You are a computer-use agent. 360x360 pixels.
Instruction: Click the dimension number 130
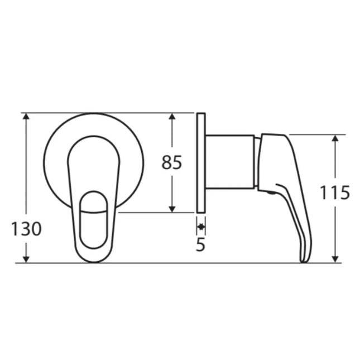pyautogui.click(x=26, y=229)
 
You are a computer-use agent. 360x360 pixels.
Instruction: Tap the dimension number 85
pyautogui.click(x=172, y=162)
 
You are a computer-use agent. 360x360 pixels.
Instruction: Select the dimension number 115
pyautogui.click(x=334, y=193)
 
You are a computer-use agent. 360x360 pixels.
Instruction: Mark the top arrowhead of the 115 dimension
pyautogui.click(x=335, y=138)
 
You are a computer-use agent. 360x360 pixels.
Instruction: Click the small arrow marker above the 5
pyautogui.click(x=201, y=227)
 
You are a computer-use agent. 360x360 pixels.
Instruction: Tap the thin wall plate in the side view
pyautogui.click(x=201, y=162)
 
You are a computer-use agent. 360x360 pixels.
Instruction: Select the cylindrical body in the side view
pyautogui.click(x=229, y=162)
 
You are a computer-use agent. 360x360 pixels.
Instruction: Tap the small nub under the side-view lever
pyautogui.click(x=270, y=194)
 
